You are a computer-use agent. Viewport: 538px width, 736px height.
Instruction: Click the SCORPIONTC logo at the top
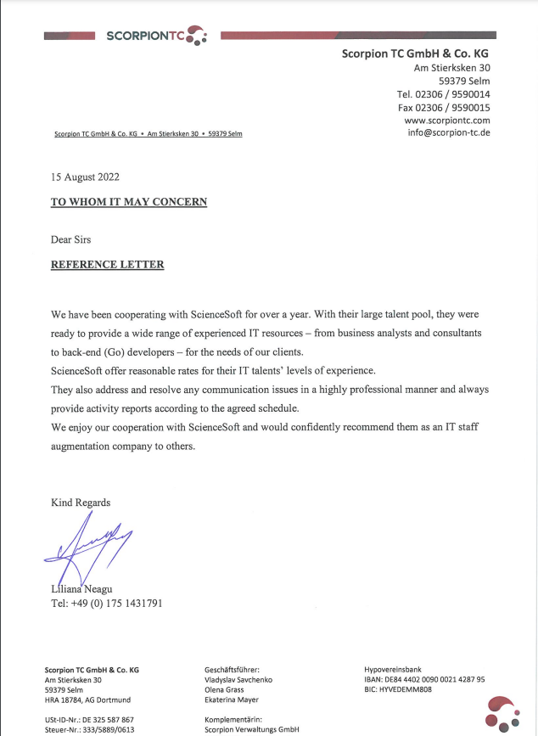[153, 36]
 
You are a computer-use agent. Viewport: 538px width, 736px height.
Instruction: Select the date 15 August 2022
[85, 177]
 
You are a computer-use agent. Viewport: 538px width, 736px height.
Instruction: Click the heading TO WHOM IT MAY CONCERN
[129, 202]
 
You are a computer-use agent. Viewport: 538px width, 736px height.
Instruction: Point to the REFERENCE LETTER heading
[108, 265]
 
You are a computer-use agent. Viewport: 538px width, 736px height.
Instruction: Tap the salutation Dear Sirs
[71, 239]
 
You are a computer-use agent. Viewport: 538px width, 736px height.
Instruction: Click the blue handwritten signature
[89, 546]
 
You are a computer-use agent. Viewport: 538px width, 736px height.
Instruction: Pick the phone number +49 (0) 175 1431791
[107, 604]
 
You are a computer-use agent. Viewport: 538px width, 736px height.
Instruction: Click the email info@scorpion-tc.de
[448, 133]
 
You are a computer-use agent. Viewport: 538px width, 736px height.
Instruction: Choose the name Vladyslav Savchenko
[238, 679]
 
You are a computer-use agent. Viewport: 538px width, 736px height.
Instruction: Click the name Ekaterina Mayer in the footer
[233, 700]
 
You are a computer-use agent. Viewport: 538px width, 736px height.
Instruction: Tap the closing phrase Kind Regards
[81, 503]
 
